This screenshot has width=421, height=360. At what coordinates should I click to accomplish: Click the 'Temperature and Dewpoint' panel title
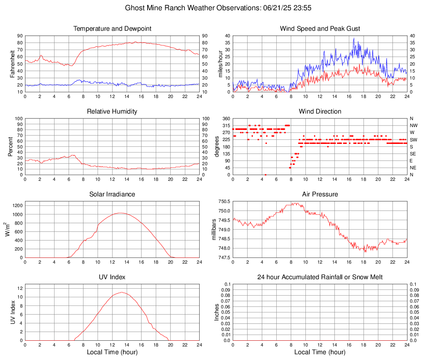(x=112, y=29)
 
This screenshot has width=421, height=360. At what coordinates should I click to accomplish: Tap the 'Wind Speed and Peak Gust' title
(x=320, y=29)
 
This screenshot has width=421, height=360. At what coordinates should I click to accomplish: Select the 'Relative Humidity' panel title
(x=112, y=112)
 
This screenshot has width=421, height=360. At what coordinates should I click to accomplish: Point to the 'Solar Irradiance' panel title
(x=112, y=194)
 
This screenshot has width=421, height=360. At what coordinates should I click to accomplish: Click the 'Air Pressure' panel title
(x=320, y=194)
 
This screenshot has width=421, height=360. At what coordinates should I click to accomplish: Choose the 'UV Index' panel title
(x=112, y=277)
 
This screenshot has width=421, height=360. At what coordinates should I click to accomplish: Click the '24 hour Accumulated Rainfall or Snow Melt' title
(x=320, y=277)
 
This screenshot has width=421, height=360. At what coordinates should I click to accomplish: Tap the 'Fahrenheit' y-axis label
(x=12, y=64)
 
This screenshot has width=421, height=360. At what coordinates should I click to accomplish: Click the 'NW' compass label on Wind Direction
(x=414, y=125)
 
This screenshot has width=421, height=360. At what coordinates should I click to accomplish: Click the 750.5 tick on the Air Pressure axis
(x=224, y=202)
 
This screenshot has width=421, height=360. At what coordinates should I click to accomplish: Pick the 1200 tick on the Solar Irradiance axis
(x=18, y=203)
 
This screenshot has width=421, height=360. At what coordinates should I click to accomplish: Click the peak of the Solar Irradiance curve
(x=120, y=213)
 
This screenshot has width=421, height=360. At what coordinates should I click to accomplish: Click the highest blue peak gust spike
(x=354, y=39)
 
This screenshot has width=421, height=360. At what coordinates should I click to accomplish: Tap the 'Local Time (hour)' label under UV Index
(x=112, y=352)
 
